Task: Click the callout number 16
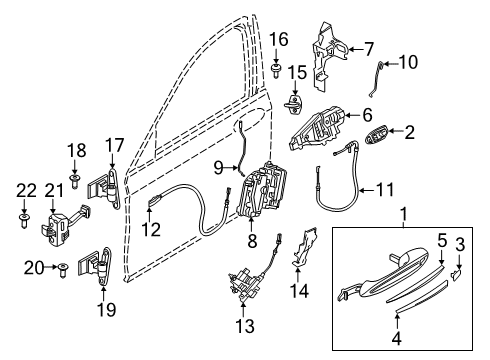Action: [279, 40]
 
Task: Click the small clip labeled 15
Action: [295, 103]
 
